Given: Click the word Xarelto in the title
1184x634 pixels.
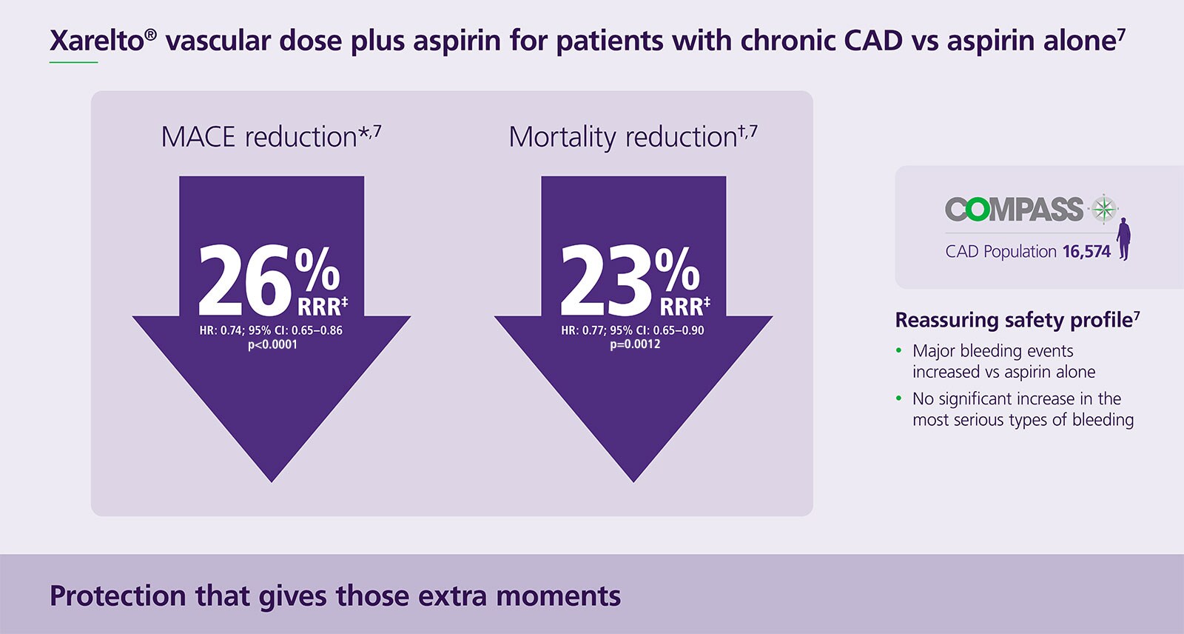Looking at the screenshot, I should pos(96,40).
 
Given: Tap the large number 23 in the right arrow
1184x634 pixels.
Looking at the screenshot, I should pos(605,282).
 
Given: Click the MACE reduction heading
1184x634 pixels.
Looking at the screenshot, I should pos(271,137).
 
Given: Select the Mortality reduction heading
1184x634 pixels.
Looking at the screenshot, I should pos(633,137).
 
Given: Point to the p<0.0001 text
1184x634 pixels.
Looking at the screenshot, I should pos(272,344).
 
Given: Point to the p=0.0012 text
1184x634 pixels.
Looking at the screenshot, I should pos(635,344).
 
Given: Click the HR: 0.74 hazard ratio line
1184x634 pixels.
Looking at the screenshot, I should pos(271,330).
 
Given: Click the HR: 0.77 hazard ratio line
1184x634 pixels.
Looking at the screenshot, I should pos(633,330).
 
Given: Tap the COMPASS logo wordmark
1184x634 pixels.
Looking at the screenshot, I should pos(1014,210).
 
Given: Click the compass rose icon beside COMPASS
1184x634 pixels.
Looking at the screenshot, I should pos(1103,209).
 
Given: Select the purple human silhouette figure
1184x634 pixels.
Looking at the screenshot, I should pos(1124,238).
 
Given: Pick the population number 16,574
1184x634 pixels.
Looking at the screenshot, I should pos(1086,252).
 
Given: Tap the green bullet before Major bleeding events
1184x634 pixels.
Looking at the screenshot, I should pos(898,351).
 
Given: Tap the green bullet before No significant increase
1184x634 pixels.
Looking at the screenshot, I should pos(898,399).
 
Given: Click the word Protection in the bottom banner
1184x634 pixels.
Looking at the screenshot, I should pos(118,595).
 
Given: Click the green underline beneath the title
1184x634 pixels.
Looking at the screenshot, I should pos(73,62).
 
